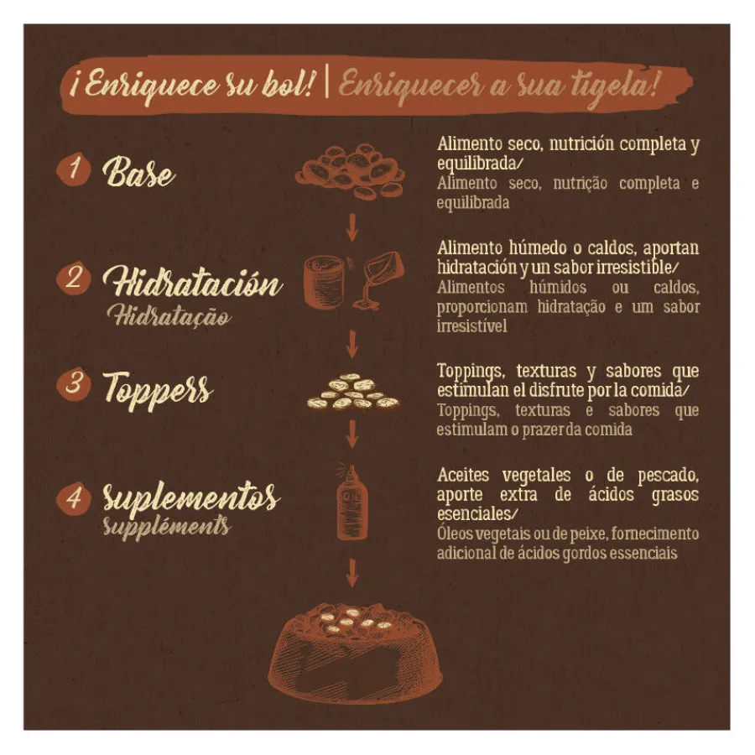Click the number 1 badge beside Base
pyautogui.click(x=73, y=169)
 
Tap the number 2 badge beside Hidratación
pyautogui.click(x=73, y=278)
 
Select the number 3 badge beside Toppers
pyautogui.click(x=73, y=383)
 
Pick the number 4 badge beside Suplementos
pyautogui.click(x=73, y=498)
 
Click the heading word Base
pyautogui.click(x=138, y=172)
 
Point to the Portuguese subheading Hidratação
pyautogui.click(x=169, y=316)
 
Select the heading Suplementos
pyautogui.click(x=190, y=496)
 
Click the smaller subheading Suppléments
pyautogui.click(x=167, y=527)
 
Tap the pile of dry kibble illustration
pyautogui.click(x=351, y=171)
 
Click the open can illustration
pyautogui.click(x=324, y=281)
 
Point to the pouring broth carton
pyautogui.click(x=378, y=280)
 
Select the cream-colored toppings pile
pyautogui.click(x=354, y=393)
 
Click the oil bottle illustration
pyautogui.click(x=351, y=502)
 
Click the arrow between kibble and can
pyautogui.click(x=352, y=227)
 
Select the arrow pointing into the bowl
pyautogui.click(x=352, y=573)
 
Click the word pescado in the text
pyautogui.click(x=668, y=476)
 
